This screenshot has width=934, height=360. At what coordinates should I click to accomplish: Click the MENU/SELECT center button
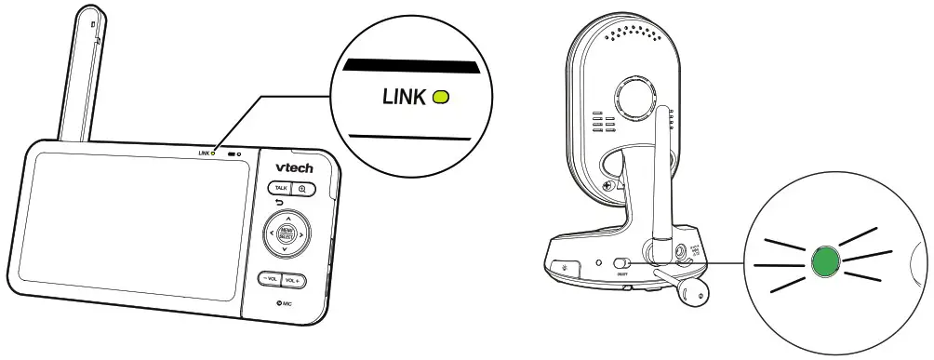tap(287, 234)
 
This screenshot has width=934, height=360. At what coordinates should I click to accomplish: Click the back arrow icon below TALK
tap(279, 203)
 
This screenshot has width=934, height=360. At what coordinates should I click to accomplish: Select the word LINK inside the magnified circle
tap(405, 96)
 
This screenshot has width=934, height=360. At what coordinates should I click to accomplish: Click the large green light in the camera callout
tap(822, 261)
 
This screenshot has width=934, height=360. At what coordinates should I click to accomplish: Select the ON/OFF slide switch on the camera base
tap(623, 265)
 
